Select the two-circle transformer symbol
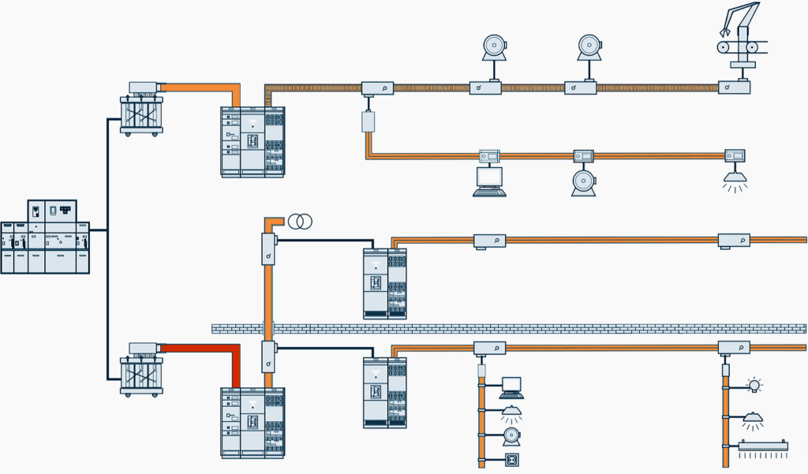[299, 222]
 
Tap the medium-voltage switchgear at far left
[45, 237]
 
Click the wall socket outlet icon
[511, 459]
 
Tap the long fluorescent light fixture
[763, 446]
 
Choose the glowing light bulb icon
[755, 386]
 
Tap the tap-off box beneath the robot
[734, 88]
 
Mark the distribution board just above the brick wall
[384, 283]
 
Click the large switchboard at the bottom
[252, 423]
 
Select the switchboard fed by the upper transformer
[252, 142]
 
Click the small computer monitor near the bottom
[511, 386]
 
